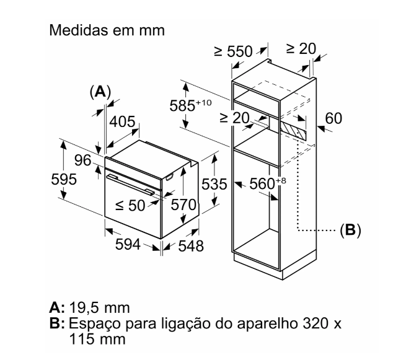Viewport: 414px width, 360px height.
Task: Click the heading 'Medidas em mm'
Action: (x=107, y=30)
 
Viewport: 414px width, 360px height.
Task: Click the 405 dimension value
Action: (x=122, y=121)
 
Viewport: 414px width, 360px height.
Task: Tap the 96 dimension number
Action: (x=83, y=160)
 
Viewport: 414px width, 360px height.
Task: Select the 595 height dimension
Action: (x=64, y=179)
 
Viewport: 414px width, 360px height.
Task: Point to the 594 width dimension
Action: (x=128, y=244)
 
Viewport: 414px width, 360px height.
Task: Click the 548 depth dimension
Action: (x=191, y=246)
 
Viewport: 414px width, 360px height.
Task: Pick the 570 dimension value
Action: (x=183, y=204)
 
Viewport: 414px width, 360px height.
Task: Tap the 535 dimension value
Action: (x=214, y=184)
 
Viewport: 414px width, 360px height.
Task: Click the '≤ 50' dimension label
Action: (x=130, y=205)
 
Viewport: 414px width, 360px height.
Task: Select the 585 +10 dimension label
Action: (x=190, y=105)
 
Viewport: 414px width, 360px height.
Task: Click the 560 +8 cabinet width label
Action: (x=268, y=183)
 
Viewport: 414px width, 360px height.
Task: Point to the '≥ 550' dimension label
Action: (x=233, y=51)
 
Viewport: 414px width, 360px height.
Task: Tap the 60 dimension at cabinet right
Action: (x=333, y=118)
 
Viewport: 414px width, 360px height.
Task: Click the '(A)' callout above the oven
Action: (x=100, y=92)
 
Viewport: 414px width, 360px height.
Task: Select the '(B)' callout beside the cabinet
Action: (x=350, y=230)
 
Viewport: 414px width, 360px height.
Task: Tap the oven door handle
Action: (x=130, y=185)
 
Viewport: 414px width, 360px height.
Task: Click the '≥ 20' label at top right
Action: (x=301, y=48)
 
